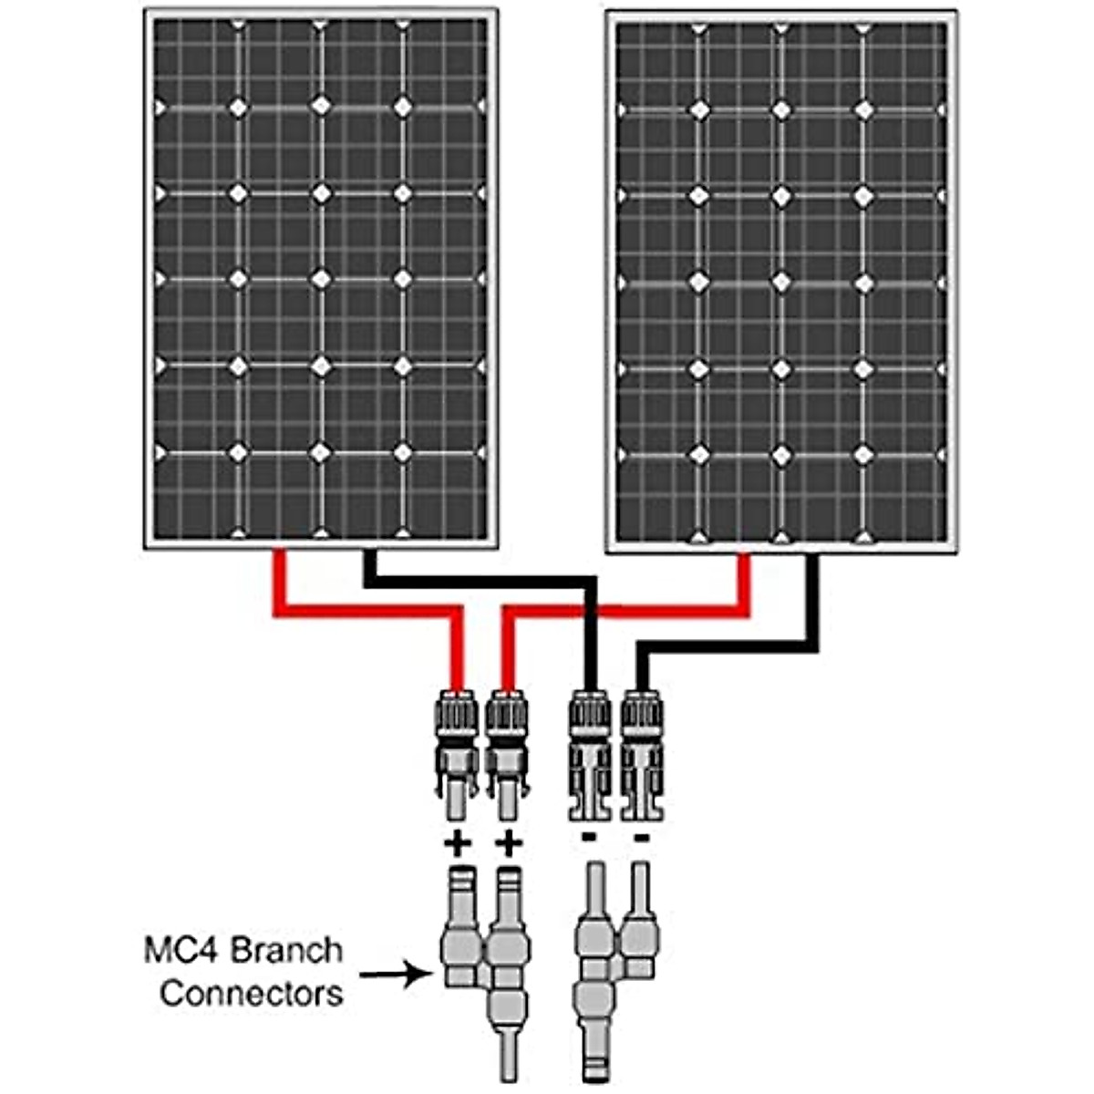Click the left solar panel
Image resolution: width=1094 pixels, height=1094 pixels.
point(320,278)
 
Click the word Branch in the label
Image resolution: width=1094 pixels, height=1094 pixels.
point(286,950)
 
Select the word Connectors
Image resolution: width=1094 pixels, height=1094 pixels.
point(251,992)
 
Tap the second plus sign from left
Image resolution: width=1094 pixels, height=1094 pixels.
point(509,844)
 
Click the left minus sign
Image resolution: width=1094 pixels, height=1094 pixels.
point(589,836)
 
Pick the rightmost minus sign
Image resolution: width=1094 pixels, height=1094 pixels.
point(642,836)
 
